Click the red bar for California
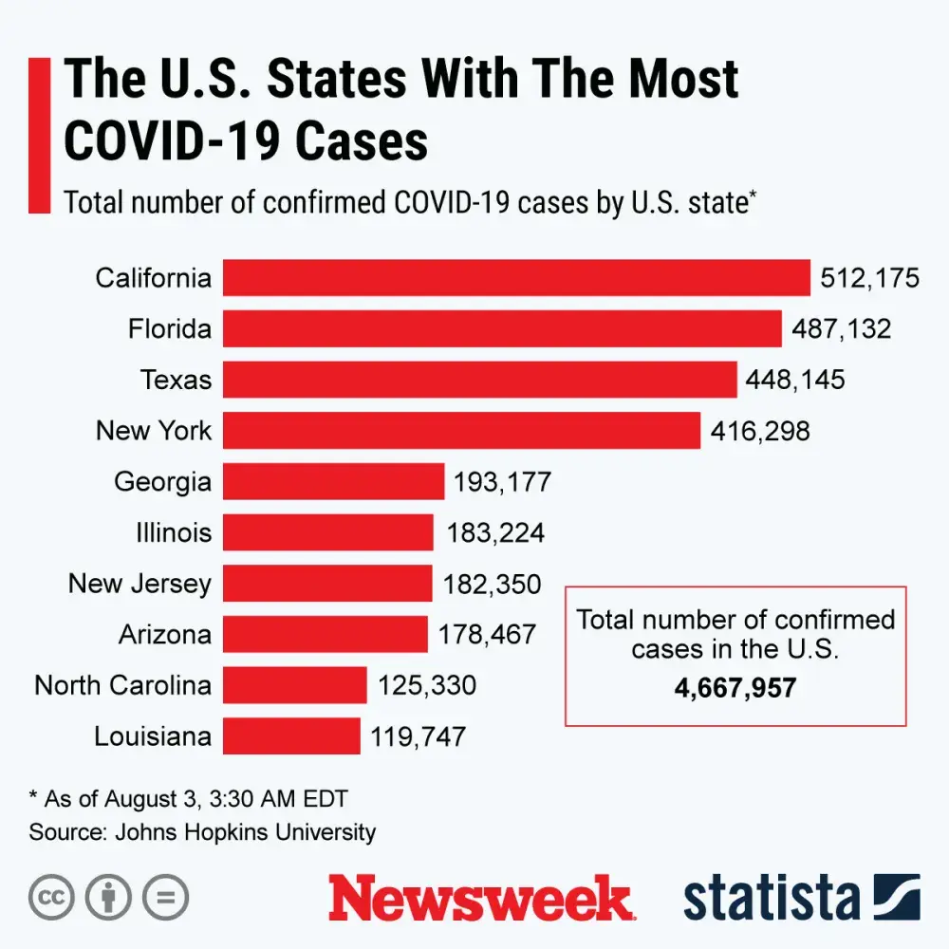(516, 278)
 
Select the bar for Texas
(479, 380)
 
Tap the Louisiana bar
(291, 735)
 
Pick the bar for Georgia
(333, 481)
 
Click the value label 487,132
(842, 329)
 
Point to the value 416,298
(760, 432)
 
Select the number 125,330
(427, 685)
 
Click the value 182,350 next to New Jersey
(492, 584)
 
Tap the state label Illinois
(174, 532)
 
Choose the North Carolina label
(123, 685)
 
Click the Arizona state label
(165, 634)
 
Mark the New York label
(154, 431)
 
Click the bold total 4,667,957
(735, 687)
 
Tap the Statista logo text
(771, 898)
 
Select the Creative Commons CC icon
(52, 897)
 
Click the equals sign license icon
(166, 897)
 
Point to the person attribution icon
(109, 897)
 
